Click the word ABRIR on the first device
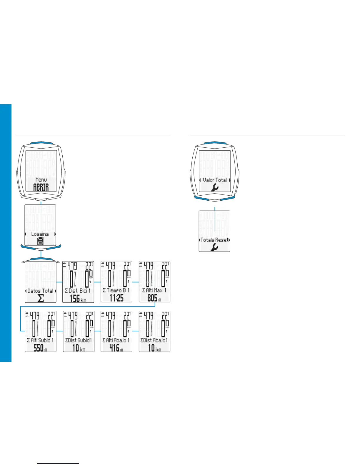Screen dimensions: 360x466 [x=41, y=187]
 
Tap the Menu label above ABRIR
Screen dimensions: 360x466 [x=41, y=179]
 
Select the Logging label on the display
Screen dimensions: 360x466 [x=40, y=234]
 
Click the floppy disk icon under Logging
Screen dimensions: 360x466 [x=41, y=242]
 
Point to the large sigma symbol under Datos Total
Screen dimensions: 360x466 [x=41, y=298]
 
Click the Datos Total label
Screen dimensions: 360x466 [x=40, y=291]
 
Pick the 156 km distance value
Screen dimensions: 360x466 [x=78, y=298]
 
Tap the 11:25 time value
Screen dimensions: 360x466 [x=116, y=298]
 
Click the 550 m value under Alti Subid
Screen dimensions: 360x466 [x=40, y=348]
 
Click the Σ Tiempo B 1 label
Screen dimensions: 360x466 [x=116, y=290]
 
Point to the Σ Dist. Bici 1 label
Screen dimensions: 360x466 [x=78, y=291]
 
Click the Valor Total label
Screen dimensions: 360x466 [x=215, y=180]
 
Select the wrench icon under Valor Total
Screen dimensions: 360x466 [x=215, y=187]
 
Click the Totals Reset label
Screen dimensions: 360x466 [x=214, y=240]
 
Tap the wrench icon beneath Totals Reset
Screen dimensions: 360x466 [x=214, y=247]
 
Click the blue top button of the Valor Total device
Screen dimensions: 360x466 [x=215, y=143]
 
